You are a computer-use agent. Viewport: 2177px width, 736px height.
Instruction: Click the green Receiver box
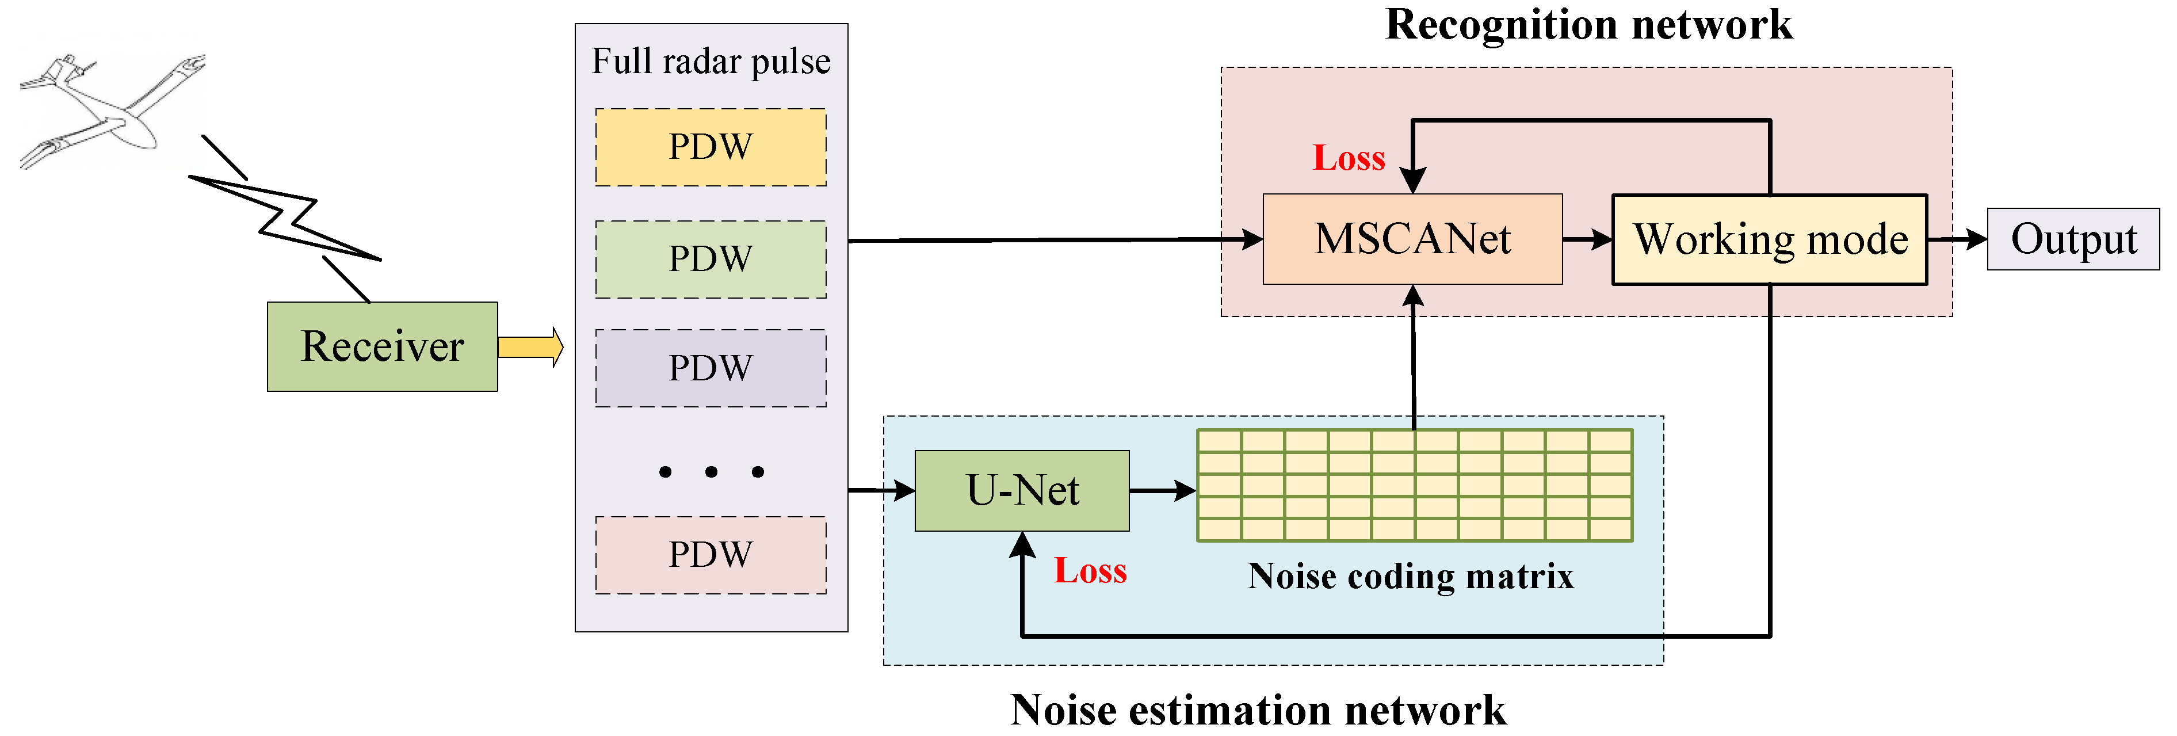382,346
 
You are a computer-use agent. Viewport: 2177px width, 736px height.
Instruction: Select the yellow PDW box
710,147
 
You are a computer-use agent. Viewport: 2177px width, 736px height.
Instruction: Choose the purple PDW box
710,368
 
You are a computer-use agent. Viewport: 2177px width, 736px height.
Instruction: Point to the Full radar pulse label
710,62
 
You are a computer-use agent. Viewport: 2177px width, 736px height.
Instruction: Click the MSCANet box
1411,239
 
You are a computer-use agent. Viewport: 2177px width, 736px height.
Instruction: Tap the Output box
2072,239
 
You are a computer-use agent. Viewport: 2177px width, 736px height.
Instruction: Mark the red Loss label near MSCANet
1348,159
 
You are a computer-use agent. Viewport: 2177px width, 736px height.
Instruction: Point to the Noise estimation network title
1258,710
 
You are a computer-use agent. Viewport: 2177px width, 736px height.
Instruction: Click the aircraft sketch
110,110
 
